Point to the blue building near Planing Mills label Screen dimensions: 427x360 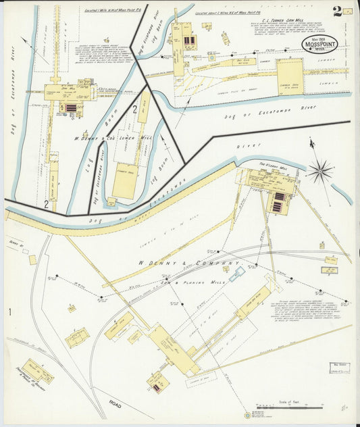click(236, 274)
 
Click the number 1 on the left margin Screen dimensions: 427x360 click(10, 311)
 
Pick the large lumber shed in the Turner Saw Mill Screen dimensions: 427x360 click(289, 76)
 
